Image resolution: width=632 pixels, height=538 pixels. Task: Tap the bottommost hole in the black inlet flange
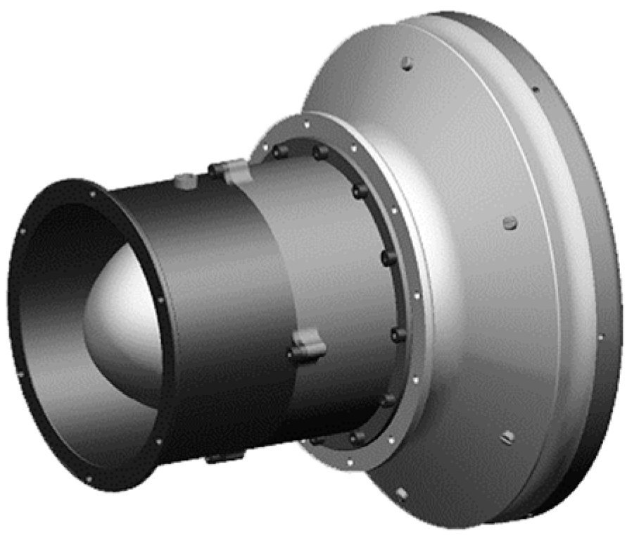(89, 480)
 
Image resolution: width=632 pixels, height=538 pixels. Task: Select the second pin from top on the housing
(510, 223)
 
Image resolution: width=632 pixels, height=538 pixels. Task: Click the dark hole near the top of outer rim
(535, 89)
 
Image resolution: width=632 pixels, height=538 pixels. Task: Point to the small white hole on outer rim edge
(600, 337)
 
